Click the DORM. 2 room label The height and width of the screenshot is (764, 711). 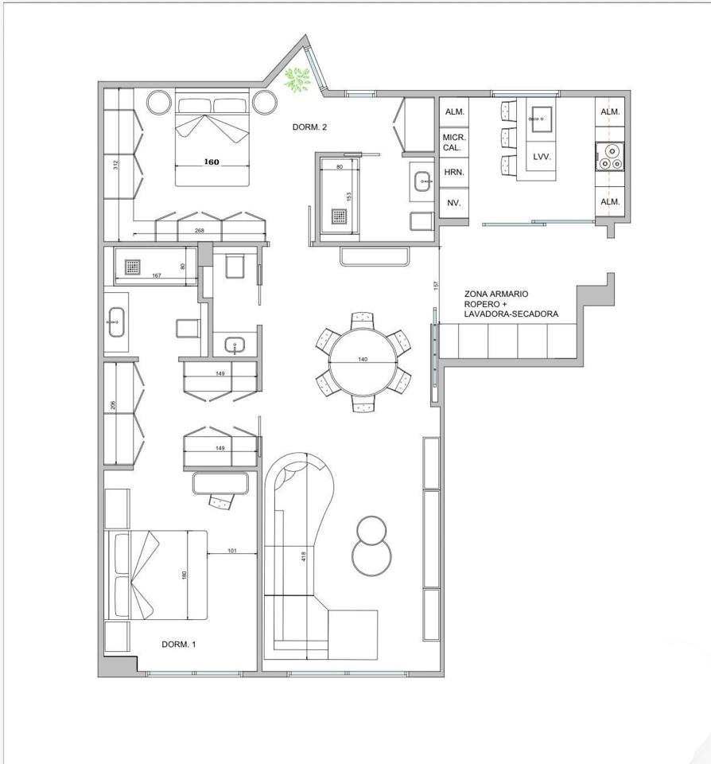(x=309, y=127)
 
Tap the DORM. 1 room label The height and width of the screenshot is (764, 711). (x=179, y=644)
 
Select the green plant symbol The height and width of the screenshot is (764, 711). (x=297, y=79)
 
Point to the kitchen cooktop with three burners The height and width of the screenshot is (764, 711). (x=610, y=157)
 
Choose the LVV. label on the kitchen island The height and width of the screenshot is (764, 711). (x=542, y=157)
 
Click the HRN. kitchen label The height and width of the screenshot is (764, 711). (x=454, y=172)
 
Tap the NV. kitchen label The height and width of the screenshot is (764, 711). (x=453, y=203)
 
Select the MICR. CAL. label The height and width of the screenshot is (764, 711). (x=454, y=142)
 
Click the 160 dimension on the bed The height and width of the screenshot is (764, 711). (x=212, y=162)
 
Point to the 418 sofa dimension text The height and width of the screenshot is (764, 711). (x=303, y=555)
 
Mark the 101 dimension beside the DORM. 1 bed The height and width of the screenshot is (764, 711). (x=232, y=551)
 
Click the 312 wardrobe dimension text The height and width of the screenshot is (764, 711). (x=115, y=166)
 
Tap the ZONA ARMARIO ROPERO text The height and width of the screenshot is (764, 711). (x=495, y=298)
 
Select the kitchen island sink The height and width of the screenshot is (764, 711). (x=541, y=119)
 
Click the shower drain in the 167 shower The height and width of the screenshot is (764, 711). (x=133, y=267)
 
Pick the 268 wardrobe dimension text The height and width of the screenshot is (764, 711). (x=199, y=231)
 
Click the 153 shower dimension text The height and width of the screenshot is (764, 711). (x=348, y=197)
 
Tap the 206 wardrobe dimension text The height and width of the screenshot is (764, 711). (x=113, y=405)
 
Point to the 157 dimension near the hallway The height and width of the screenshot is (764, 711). (x=437, y=285)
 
